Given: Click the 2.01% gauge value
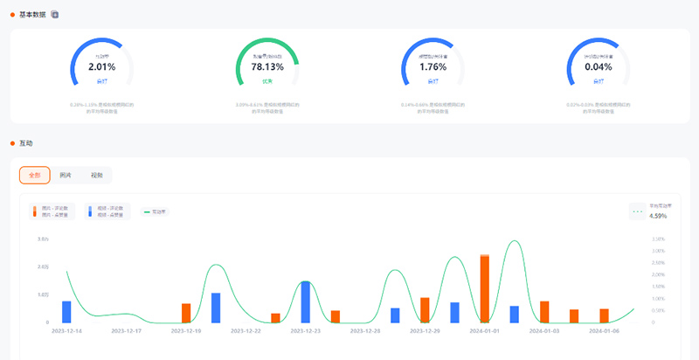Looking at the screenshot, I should click(101, 66).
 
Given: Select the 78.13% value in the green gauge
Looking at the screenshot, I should click(267, 66).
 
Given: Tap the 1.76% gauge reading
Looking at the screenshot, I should click(433, 66).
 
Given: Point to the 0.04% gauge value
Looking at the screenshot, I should click(599, 66).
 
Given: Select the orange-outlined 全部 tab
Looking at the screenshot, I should click(35, 175).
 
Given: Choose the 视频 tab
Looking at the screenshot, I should click(96, 175).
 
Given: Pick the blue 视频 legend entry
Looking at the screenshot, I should click(108, 211).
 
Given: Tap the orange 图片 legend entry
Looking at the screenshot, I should click(54, 211).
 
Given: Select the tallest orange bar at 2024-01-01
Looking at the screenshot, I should click(484, 288).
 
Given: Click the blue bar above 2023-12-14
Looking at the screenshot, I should click(66, 312).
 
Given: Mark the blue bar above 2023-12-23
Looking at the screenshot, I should click(306, 301).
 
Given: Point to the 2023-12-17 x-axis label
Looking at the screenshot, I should click(127, 331).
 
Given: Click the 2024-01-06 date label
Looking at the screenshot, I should click(604, 331).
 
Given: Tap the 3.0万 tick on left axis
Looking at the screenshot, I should click(43, 239).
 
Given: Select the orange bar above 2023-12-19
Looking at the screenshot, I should click(186, 313).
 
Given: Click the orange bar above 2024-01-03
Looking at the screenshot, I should click(544, 312).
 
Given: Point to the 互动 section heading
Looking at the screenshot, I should click(25, 142).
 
